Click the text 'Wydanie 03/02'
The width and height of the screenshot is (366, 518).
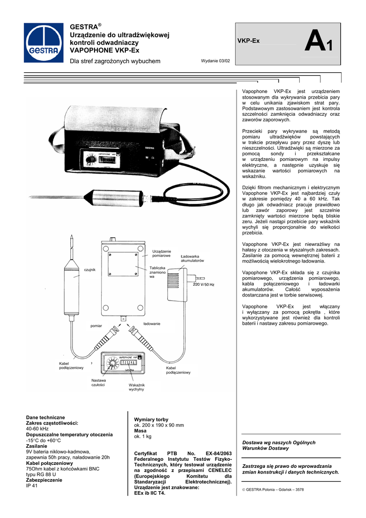pyautogui.click(x=215, y=61)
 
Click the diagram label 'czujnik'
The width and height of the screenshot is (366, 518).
pyautogui.click(x=89, y=270)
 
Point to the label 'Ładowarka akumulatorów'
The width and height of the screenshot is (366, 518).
pyautogui.click(x=192, y=258)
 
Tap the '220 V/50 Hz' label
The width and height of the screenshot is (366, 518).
pyautogui.click(x=204, y=285)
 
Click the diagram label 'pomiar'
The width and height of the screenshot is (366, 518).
pyautogui.click(x=96, y=325)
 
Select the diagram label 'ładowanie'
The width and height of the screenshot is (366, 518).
pyautogui.click(x=152, y=323)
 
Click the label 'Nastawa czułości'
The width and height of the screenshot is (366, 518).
pyautogui.click(x=99, y=382)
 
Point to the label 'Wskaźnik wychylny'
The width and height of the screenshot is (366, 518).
pyautogui.click(x=136, y=387)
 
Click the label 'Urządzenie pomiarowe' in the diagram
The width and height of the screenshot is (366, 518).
pyautogui.click(x=161, y=253)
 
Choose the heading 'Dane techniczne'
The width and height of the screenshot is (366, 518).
pyautogui.click(x=45, y=417)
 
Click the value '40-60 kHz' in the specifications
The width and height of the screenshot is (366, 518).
pyautogui.click(x=37, y=428)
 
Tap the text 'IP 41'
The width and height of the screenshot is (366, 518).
pyautogui.click(x=32, y=486)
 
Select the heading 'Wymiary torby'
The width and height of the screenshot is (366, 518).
pyautogui.click(x=151, y=420)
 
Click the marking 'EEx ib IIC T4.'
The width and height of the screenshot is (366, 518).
pyautogui.click(x=150, y=493)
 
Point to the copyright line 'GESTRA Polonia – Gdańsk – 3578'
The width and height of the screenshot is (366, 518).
pyautogui.click(x=273, y=489)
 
